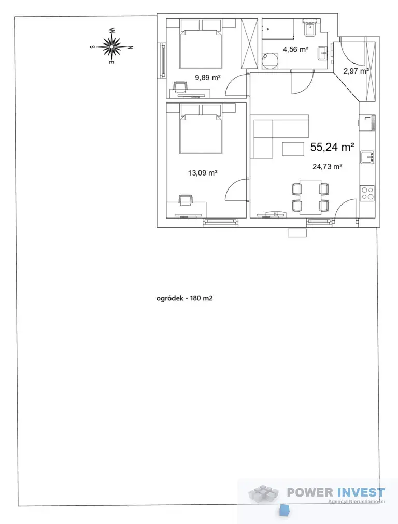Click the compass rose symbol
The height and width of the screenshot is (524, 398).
(x=111, y=46)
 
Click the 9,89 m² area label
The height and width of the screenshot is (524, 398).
(x=208, y=78)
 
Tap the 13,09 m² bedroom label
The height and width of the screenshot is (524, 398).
(x=203, y=173)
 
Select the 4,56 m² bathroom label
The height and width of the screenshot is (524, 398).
(x=295, y=50)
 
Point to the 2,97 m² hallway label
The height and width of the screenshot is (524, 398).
(x=356, y=71)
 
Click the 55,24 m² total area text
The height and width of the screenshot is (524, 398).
(x=333, y=147)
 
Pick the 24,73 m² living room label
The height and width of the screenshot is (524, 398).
(x=327, y=166)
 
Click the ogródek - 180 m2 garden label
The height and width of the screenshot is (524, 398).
(x=184, y=298)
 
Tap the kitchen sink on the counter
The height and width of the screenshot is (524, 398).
(x=367, y=157)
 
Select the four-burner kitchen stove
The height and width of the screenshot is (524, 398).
(x=367, y=193)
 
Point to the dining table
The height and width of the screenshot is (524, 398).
(x=310, y=197)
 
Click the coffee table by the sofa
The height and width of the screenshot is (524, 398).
(x=293, y=149)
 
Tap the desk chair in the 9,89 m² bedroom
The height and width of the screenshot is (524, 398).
(x=180, y=87)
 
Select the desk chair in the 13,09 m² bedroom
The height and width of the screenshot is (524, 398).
(x=186, y=200)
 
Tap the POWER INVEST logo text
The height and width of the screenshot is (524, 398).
(x=336, y=492)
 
